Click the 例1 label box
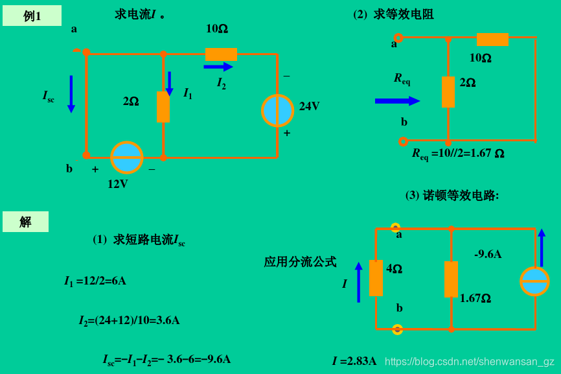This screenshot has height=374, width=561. click(x=32, y=16)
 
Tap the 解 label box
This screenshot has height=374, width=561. click(x=25, y=222)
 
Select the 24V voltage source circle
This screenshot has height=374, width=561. click(x=278, y=110)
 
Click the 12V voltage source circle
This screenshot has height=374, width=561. click(x=126, y=158)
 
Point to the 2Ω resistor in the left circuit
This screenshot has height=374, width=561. click(x=163, y=107)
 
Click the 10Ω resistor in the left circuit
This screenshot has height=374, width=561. click(x=221, y=54)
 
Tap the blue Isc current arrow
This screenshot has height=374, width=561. click(x=71, y=95)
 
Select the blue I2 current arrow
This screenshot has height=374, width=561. click(x=218, y=67)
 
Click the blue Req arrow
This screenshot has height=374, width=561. click(x=397, y=100)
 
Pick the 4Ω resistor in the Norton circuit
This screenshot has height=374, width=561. click(x=376, y=278)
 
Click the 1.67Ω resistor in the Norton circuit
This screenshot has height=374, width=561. click(x=451, y=279)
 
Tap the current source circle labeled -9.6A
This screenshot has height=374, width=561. click(x=534, y=281)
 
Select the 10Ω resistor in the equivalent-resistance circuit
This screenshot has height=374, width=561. click(x=492, y=40)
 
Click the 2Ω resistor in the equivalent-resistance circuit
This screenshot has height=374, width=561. click(x=448, y=91)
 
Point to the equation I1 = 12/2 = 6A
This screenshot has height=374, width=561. click(x=95, y=281)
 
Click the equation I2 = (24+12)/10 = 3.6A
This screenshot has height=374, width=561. click(x=130, y=320)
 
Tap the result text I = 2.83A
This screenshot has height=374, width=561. click(x=354, y=361)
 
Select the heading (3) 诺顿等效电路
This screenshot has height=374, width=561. click(x=452, y=195)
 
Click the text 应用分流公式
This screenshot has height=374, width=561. click(x=300, y=262)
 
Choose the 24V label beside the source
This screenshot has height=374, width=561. click(x=309, y=106)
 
